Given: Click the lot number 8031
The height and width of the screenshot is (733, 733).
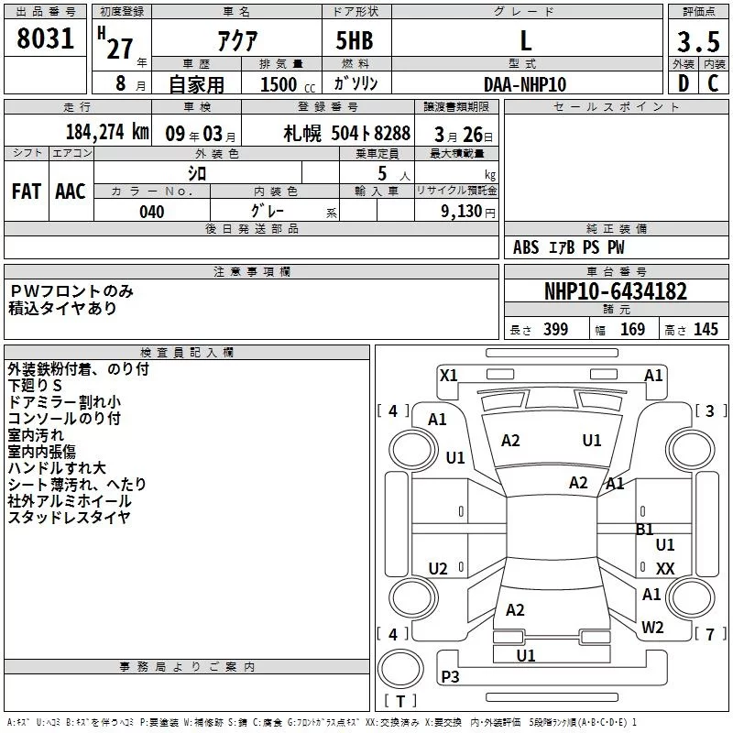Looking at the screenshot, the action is click(46, 39).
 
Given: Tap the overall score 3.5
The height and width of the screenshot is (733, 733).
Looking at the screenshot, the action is click(698, 42).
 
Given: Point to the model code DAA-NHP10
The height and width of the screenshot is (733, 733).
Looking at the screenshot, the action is click(525, 84).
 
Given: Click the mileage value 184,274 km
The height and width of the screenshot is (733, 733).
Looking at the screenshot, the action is click(106, 132).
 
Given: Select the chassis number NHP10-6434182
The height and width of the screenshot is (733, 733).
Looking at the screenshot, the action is click(615, 291).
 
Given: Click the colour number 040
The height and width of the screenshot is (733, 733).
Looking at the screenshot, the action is click(151, 212).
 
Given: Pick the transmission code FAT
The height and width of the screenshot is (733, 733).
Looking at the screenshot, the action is click(26, 191).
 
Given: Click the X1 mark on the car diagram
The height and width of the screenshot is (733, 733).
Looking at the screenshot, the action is click(448, 375).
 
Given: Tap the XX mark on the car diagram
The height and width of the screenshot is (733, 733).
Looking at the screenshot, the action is click(665, 569).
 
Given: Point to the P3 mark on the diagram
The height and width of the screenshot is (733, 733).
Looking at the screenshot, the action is click(450, 676).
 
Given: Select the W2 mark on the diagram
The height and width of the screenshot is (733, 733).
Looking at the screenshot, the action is click(652, 628).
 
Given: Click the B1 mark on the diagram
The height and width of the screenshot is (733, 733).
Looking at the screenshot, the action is click(645, 529).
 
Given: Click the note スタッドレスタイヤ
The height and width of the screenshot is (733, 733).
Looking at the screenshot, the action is click(69, 518).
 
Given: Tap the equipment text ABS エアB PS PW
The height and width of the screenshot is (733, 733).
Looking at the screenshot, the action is click(568, 247).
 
